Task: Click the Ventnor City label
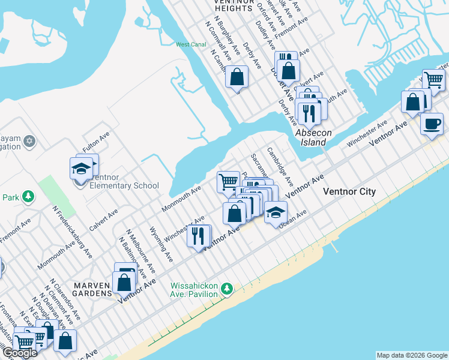click(349, 192)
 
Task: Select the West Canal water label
click(191, 44)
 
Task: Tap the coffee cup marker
click(432, 125)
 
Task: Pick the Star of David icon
click(30, 142)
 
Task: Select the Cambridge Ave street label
click(280, 166)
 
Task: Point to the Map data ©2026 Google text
click(412, 355)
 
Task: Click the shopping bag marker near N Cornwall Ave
click(237, 77)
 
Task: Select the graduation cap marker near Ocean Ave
click(276, 212)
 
